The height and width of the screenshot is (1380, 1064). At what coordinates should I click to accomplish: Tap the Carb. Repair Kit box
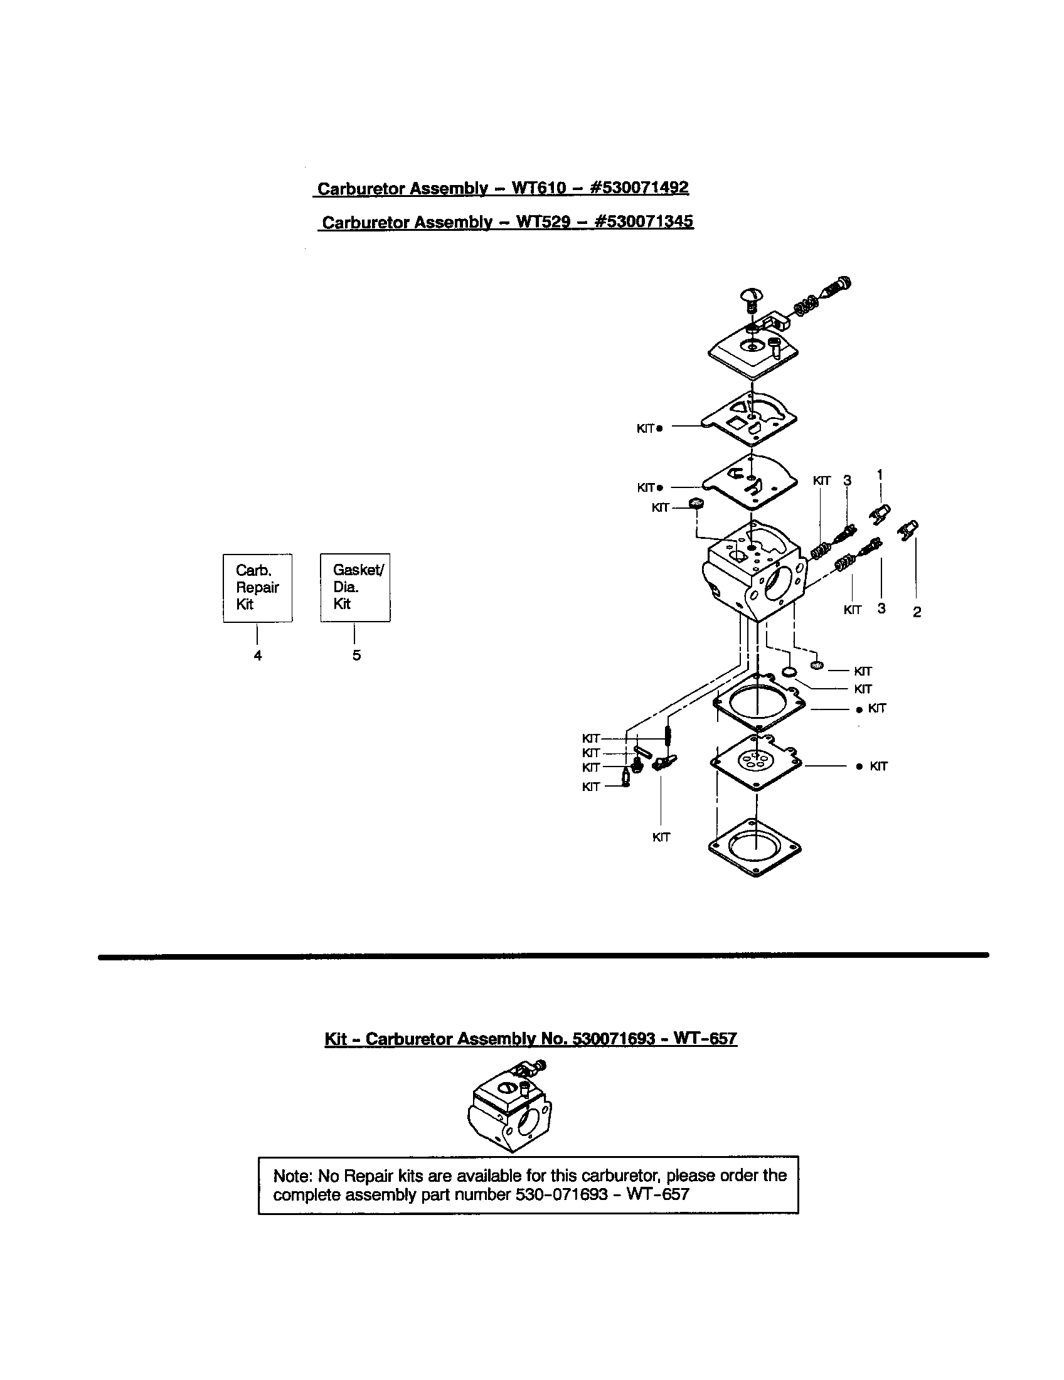pos(257,588)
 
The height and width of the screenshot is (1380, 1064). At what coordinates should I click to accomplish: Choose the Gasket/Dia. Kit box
pos(355,588)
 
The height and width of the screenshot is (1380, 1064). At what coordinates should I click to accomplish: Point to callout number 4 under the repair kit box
pos(258,656)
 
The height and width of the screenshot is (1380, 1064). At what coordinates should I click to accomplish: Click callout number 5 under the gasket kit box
pos(357,655)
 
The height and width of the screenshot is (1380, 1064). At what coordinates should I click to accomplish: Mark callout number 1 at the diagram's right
pos(880,474)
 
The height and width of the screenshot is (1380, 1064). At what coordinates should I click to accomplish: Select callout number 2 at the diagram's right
pos(917,612)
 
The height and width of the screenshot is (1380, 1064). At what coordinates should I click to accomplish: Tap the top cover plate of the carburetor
pos(752,351)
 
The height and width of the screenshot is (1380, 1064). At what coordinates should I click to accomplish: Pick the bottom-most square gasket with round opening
pos(755,847)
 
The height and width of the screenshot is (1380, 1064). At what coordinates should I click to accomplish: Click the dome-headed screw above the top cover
pos(752,296)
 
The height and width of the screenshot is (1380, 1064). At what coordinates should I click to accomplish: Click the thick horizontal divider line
pos(543,956)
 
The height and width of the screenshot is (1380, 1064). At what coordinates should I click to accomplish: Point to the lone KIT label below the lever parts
pos(661,837)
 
